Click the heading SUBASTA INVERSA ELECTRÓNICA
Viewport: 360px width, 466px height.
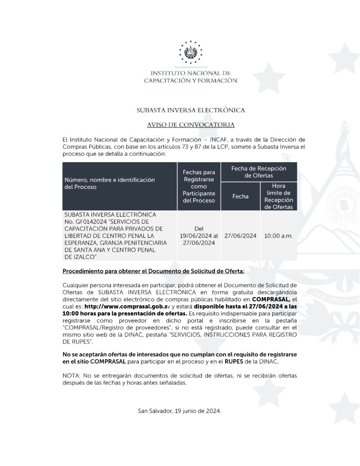(x=191, y=110)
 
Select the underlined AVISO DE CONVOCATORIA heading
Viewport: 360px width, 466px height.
(x=191, y=125)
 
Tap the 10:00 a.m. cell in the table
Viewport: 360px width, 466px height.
(x=279, y=236)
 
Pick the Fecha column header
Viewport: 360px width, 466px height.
(x=240, y=197)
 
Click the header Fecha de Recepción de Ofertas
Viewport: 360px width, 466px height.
(x=259, y=172)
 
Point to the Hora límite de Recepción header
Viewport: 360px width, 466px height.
(x=279, y=197)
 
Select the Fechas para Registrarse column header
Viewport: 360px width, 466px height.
(x=199, y=186)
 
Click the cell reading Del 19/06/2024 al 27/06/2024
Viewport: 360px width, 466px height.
(x=199, y=236)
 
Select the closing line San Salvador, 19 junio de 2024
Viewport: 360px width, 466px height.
(x=180, y=411)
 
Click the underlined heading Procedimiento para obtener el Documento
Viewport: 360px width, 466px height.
(x=153, y=271)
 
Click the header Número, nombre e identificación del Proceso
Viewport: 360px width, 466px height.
(x=109, y=183)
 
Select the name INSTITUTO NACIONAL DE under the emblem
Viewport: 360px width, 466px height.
(x=191, y=73)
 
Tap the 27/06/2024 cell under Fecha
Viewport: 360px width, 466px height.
(x=240, y=236)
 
